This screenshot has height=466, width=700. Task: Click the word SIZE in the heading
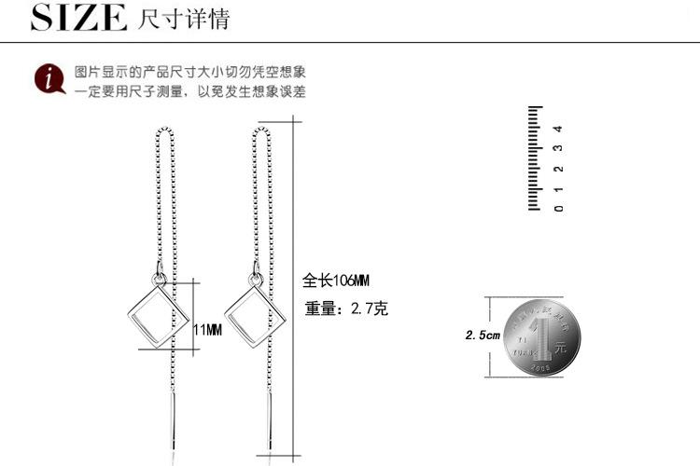point(78,18)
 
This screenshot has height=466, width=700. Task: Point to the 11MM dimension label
point(207,331)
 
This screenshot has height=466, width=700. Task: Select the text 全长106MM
point(337,281)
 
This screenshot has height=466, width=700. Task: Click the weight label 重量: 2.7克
point(345,308)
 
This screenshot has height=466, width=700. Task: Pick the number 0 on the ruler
point(557,208)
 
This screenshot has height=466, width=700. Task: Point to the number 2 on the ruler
point(557,169)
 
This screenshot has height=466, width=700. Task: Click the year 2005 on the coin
point(542,369)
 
